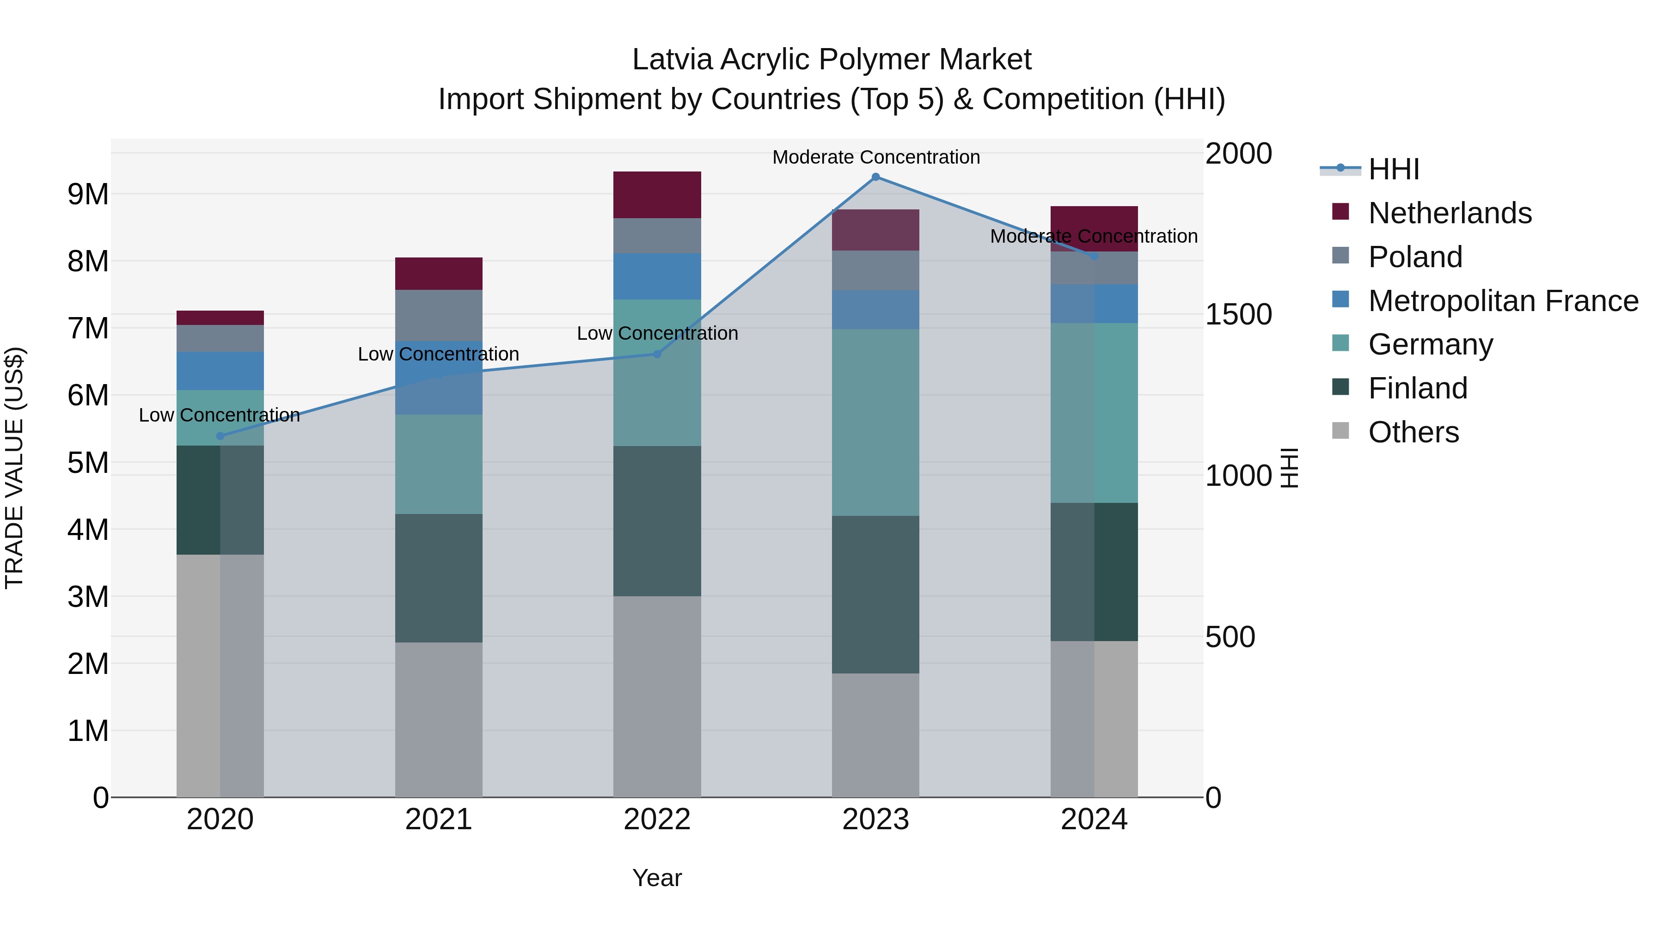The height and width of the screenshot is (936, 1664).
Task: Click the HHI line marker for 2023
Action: click(875, 177)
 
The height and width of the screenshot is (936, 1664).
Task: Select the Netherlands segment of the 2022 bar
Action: click(657, 195)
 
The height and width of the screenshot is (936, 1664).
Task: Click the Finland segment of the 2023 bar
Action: click(875, 594)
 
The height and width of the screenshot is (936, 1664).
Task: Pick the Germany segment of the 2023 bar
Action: click(875, 422)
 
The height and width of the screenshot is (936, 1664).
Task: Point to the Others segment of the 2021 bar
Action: click(439, 719)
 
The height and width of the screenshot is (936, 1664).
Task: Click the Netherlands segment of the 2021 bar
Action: click(439, 273)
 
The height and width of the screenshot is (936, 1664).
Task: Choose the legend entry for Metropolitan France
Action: click(1503, 301)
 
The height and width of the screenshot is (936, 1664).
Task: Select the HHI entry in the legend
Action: click(1393, 169)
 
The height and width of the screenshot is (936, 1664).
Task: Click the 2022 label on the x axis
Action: click(657, 820)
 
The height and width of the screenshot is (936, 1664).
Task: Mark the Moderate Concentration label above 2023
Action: click(876, 157)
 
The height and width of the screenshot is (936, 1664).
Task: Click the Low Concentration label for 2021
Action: click(439, 354)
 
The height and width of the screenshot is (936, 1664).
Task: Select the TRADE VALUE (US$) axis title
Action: click(14, 468)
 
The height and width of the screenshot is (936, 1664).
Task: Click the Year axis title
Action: click(657, 878)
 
